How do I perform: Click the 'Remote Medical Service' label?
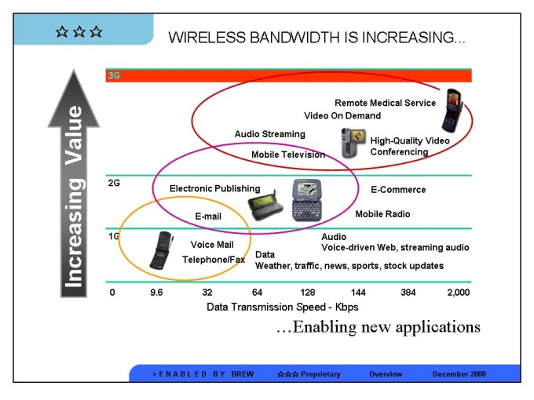click(x=385, y=103)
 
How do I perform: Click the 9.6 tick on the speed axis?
click(x=156, y=292)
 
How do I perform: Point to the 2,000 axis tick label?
click(x=458, y=292)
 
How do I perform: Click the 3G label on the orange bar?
click(x=115, y=76)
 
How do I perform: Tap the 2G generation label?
click(x=115, y=183)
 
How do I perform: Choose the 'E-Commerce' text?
click(x=398, y=190)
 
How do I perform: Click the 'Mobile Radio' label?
click(x=382, y=214)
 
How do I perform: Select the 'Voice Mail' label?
click(x=213, y=245)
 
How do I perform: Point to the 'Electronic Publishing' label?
click(x=214, y=188)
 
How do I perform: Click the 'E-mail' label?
click(x=208, y=216)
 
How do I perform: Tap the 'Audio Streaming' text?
click(x=269, y=134)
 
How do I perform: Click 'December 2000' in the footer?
click(x=459, y=374)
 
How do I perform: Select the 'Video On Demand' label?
click(x=342, y=116)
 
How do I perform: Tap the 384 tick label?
click(x=408, y=292)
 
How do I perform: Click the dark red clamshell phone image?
click(x=449, y=110)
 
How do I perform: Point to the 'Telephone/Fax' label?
click(x=214, y=260)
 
